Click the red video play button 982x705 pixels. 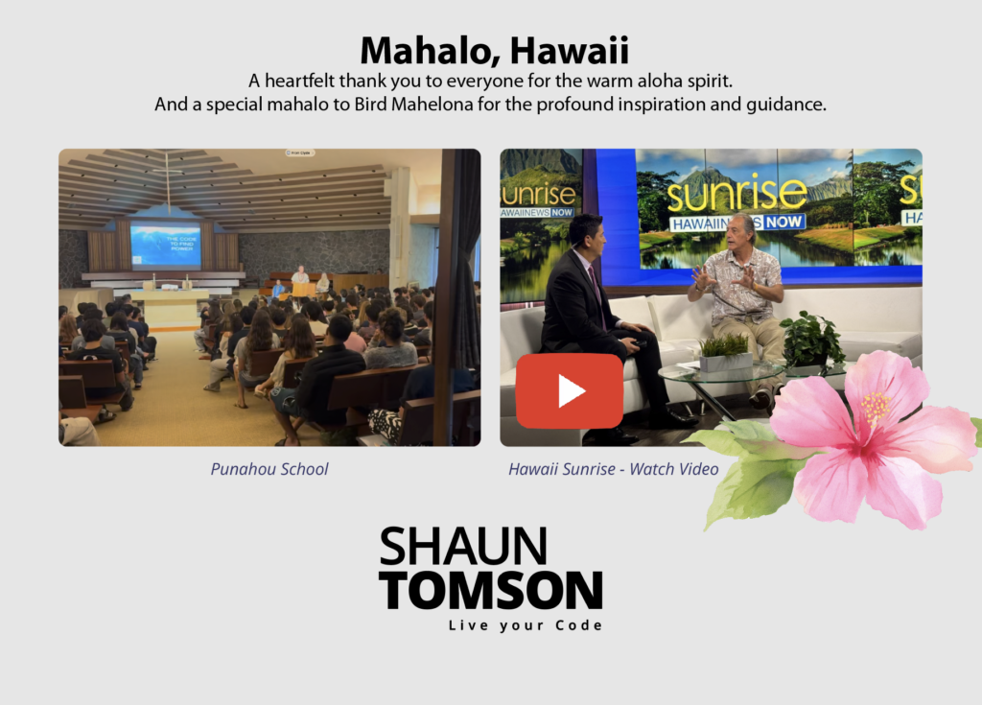570,391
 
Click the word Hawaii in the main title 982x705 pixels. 570,50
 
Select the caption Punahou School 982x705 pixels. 269,469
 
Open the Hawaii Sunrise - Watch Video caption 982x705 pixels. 613,469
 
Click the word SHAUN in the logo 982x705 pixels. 463,547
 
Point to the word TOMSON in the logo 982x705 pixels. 491,590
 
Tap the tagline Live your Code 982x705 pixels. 526,625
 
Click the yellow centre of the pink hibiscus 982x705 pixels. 875,408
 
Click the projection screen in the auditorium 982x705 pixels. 165,245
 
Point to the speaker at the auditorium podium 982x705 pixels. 300,276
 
